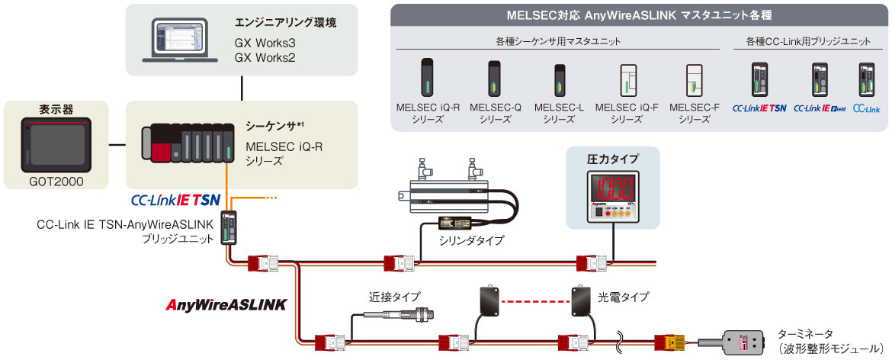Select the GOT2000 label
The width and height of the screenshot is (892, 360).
tap(54, 183)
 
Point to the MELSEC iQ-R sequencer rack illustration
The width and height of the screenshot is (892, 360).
tap(188, 145)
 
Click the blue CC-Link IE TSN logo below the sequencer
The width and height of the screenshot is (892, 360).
tap(175, 201)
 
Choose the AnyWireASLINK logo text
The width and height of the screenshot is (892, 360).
tap(226, 304)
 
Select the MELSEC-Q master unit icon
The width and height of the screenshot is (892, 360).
tap(492, 79)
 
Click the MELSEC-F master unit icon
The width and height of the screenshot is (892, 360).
tap(694, 79)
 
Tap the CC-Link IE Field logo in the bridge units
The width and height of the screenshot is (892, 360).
tap(820, 108)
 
